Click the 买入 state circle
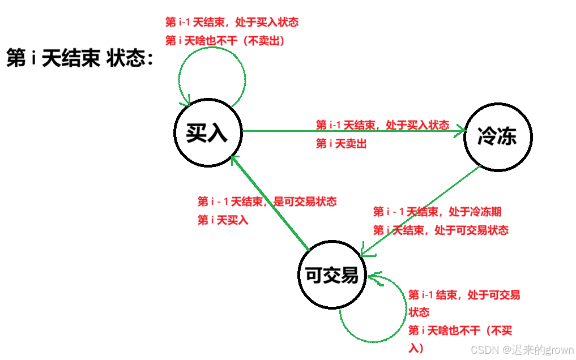(x=207, y=134)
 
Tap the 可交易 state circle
(x=331, y=276)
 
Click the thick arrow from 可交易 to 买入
(x=270, y=203)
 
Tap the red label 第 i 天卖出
(x=341, y=144)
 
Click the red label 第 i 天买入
(x=223, y=220)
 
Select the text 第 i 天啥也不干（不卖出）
(x=224, y=41)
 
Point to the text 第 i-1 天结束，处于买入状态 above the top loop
(x=232, y=23)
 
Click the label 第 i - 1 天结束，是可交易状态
(x=267, y=202)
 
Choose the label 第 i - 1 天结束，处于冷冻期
(x=437, y=212)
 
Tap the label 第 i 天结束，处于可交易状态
(x=441, y=230)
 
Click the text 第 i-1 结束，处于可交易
(x=464, y=295)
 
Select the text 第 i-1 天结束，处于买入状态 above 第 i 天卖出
(x=382, y=125)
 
